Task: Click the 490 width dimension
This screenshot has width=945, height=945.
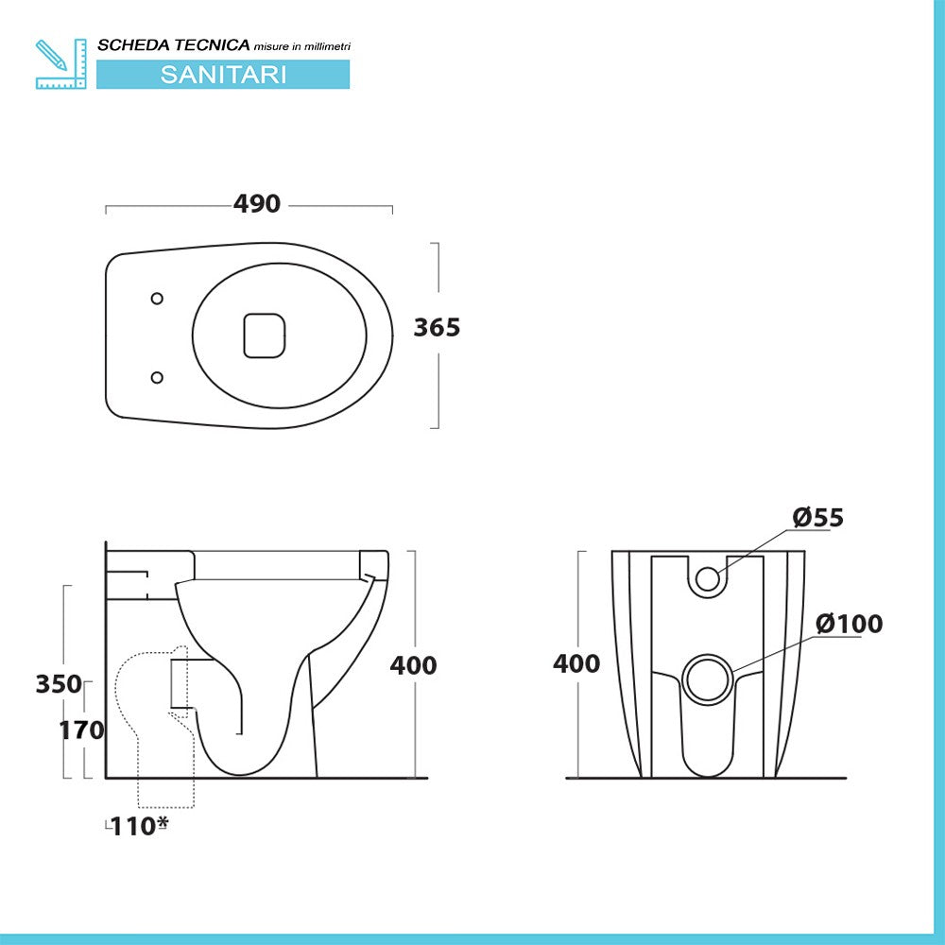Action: point(257,204)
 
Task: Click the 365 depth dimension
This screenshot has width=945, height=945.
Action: point(437,327)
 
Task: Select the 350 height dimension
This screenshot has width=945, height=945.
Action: point(59,683)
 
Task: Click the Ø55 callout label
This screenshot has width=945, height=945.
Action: point(817,518)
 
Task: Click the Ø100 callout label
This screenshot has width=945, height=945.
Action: point(849,624)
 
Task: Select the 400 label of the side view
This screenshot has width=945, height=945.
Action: point(413,665)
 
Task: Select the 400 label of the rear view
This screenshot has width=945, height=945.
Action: point(576,663)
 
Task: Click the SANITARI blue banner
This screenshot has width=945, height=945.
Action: point(223,75)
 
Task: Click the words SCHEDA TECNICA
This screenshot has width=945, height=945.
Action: point(174,44)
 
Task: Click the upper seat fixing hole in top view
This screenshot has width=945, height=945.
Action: point(157,298)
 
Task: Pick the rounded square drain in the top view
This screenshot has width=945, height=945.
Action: point(265,335)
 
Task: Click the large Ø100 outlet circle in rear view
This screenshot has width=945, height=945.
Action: point(707,679)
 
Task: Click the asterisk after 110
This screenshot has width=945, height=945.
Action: point(163,823)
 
